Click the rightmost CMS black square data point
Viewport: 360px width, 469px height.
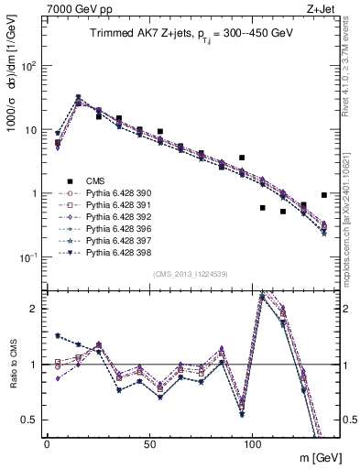[324, 195]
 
